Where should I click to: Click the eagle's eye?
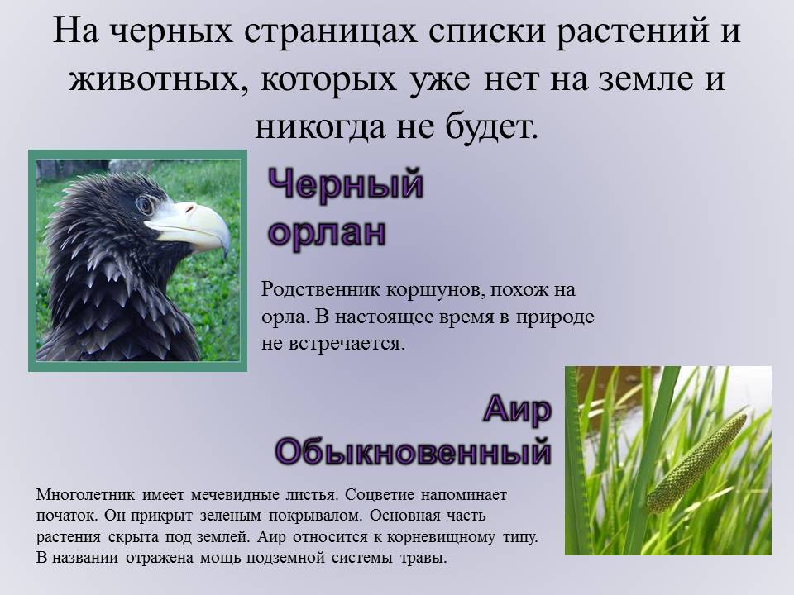point(146,205)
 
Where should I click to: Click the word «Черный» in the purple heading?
point(346,183)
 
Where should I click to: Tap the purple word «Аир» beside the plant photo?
point(517,409)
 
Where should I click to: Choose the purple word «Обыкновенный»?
point(414,451)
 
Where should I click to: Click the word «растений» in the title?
point(631,31)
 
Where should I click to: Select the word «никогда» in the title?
point(320,126)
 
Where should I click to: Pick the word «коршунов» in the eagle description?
point(430,291)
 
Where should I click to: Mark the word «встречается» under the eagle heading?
point(347,344)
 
